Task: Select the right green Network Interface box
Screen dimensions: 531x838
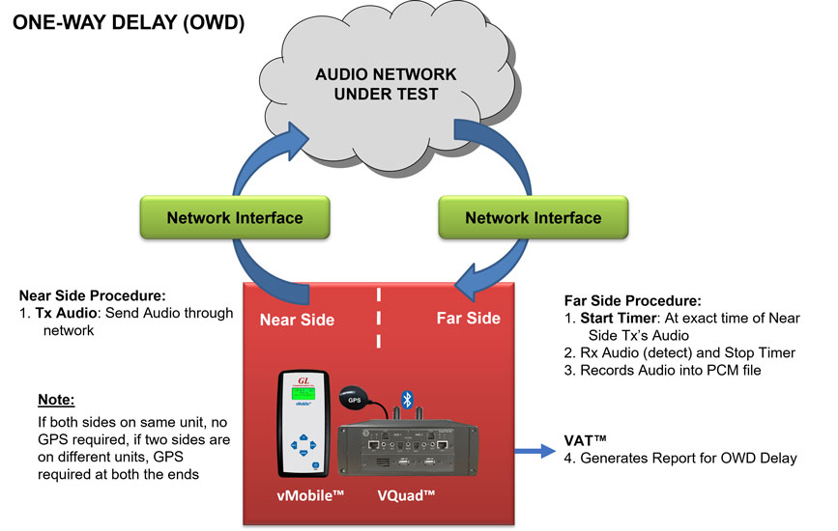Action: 534,217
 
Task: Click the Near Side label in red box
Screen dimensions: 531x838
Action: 298,319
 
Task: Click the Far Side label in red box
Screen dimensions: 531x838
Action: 469,318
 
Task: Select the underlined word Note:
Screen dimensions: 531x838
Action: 56,399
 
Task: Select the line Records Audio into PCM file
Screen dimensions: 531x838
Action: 680,370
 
